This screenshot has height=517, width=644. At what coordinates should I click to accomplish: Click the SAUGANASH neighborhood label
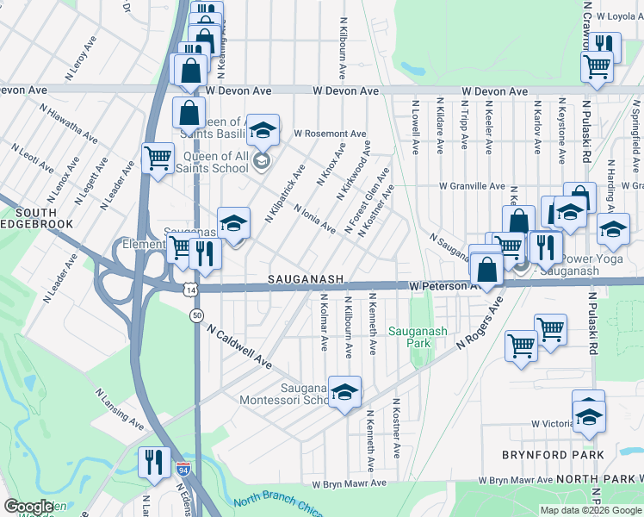tap(306, 280)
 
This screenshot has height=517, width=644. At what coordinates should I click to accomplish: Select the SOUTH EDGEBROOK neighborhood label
tap(35, 220)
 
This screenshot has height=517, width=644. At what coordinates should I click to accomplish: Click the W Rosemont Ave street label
tap(330, 134)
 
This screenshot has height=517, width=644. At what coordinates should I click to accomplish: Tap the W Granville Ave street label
tap(472, 186)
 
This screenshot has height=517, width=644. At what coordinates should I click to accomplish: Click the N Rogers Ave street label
tap(479, 324)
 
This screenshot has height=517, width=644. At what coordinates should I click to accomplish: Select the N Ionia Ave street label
tap(314, 218)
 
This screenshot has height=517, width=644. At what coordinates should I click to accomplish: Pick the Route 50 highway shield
tap(197, 315)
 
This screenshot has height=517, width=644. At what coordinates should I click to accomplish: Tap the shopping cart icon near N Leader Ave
tap(158, 159)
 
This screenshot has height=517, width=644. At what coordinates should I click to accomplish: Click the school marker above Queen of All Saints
tap(263, 131)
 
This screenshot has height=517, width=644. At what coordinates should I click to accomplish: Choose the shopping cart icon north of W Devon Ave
tap(597, 65)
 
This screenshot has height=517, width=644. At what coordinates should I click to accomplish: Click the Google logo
tap(28, 507)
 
